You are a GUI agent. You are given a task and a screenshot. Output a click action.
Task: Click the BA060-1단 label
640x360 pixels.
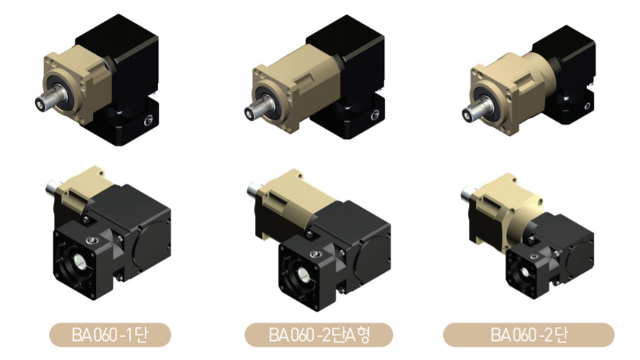[110, 334]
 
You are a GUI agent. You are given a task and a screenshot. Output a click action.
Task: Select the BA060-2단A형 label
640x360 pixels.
[319, 334]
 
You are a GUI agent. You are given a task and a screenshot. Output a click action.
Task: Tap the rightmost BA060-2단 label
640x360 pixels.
[529, 334]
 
